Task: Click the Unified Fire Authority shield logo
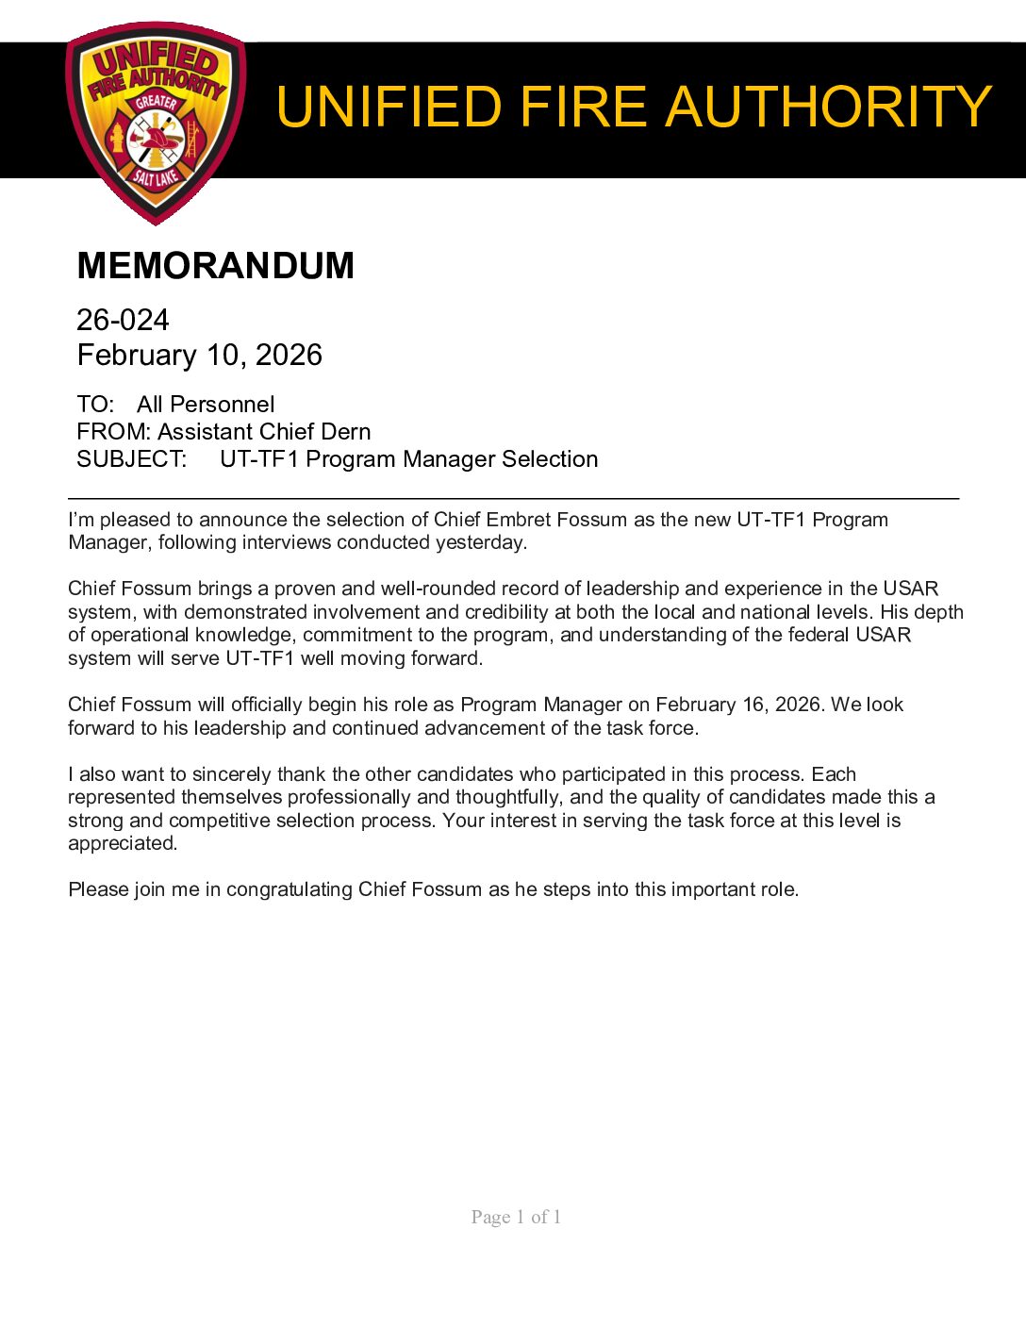pos(156,123)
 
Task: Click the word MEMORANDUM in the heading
pos(215,266)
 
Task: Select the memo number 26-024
pos(123,321)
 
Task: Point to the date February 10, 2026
pos(199,356)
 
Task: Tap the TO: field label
pos(95,405)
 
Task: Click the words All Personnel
pos(206,405)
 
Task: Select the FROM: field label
pos(113,432)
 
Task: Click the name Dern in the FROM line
pos(345,432)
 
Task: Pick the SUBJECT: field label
pos(131,459)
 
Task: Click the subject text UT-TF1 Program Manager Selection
pos(408,459)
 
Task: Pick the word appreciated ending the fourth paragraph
pos(122,843)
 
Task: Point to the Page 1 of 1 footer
pos(516,1217)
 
